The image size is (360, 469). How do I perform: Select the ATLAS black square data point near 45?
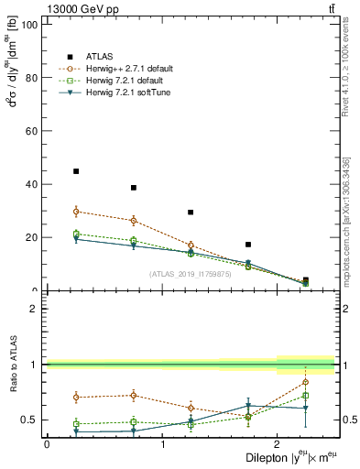76,171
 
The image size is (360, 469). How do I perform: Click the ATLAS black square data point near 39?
134,188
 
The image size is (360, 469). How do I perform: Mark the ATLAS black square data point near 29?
191,213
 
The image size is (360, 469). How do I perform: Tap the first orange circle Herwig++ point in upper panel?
76,212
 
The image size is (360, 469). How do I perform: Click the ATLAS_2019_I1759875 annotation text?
189,273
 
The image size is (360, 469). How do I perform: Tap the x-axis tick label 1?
162,443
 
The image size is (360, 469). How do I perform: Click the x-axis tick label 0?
47,443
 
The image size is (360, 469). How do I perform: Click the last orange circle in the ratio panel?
305,382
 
